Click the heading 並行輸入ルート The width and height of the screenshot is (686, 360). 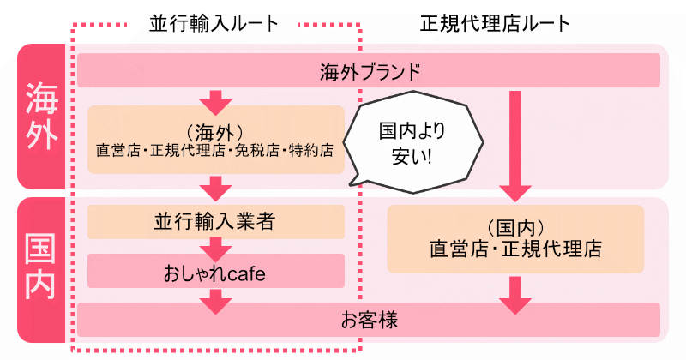[x=215, y=23]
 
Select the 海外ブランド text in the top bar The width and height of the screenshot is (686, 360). [x=369, y=70]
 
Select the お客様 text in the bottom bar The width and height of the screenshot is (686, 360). [x=369, y=321]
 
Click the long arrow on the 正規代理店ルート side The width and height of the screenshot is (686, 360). [x=515, y=141]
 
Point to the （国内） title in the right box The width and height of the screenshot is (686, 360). [x=515, y=228]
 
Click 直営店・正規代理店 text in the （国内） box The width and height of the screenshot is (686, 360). [x=515, y=250]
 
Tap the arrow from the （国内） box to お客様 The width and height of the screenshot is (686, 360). [x=515, y=292]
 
